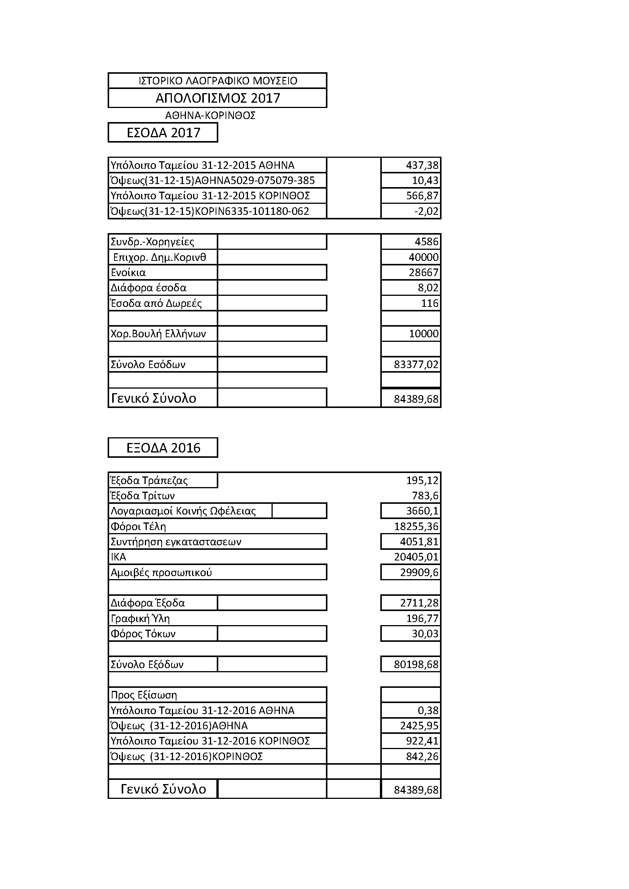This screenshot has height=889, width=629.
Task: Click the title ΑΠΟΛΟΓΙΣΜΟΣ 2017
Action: (218, 98)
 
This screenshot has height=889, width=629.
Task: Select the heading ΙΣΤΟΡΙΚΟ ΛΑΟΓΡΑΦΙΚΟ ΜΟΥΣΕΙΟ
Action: (218, 81)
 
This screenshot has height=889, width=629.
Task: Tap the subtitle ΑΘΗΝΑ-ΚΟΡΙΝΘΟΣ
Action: (210, 115)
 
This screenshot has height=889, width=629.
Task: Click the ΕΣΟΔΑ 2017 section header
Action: (164, 133)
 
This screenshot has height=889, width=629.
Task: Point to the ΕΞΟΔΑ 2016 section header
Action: (164, 448)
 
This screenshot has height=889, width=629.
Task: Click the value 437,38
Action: (422, 165)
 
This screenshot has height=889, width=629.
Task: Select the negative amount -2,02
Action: (426, 211)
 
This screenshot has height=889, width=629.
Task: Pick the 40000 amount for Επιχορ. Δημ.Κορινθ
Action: (423, 257)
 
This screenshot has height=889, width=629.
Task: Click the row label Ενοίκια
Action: (128, 273)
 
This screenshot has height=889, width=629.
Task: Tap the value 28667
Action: (423, 273)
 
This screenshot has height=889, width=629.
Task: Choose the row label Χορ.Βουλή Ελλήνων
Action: (158, 334)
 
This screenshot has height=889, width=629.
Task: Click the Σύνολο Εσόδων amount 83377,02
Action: (416, 365)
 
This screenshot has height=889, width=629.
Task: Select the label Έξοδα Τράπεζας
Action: (149, 481)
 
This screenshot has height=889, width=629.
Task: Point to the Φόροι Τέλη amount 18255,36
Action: (416, 527)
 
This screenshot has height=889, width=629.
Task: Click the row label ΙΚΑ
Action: (119, 557)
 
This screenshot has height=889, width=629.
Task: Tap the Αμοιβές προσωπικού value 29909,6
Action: (419, 573)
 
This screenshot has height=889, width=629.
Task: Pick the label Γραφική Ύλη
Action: (140, 619)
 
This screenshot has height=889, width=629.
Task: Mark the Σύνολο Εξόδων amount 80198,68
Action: (416, 665)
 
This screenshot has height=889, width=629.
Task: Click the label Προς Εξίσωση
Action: (144, 695)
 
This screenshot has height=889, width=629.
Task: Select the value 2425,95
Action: (419, 726)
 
